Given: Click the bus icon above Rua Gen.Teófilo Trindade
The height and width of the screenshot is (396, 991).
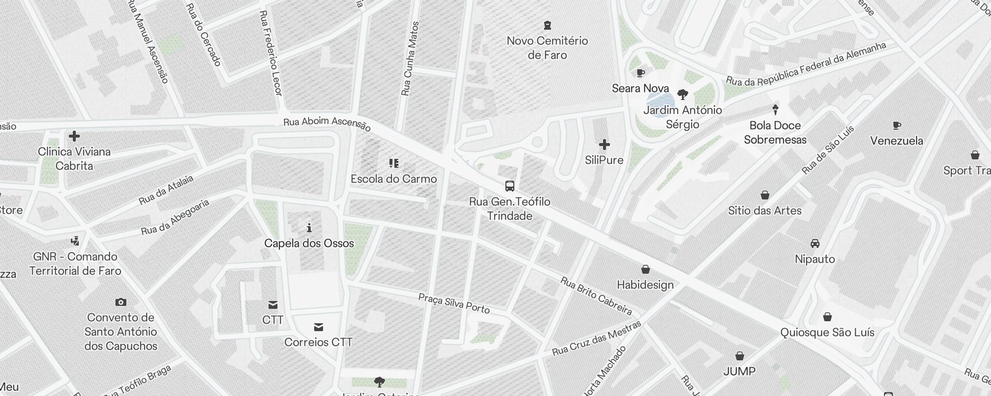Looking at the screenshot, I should point(509,186).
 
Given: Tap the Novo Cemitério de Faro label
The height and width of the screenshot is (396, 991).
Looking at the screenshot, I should point(547,48).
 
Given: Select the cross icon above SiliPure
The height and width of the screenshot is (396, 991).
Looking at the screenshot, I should point(604,145).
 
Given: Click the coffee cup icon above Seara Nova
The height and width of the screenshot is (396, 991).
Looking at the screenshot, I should point(640,73).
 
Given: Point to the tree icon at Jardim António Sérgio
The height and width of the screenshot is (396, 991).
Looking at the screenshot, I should point(682,94).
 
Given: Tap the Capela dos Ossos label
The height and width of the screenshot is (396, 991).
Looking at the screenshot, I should point(309,243).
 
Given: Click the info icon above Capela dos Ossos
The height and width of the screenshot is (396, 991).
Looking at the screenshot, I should point(309,228).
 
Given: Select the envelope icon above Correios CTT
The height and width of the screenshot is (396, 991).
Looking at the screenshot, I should point(319,327).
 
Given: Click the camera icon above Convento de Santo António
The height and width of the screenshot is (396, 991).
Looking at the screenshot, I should point(120,302).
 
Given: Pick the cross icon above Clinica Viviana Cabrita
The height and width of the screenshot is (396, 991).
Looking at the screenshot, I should point(74,136).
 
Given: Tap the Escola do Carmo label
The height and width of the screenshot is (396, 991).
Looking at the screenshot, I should point(393,179).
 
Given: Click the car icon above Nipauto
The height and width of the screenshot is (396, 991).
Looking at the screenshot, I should point(815,244).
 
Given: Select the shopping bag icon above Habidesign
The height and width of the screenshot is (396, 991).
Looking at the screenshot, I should point(645,269).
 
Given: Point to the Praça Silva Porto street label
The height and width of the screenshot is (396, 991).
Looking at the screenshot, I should point(454,303).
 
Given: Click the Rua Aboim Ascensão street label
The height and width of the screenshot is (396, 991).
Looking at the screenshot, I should point(327,124).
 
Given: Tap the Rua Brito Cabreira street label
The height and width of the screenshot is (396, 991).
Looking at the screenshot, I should point(596,296).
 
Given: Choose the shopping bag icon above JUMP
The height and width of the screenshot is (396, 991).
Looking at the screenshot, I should point(739,356).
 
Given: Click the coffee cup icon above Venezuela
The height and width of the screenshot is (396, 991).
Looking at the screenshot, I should point(897,125).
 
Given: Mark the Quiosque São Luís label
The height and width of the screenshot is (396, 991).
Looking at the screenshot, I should point(827,332).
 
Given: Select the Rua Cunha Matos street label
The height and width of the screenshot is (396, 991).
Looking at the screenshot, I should point(410,58).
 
